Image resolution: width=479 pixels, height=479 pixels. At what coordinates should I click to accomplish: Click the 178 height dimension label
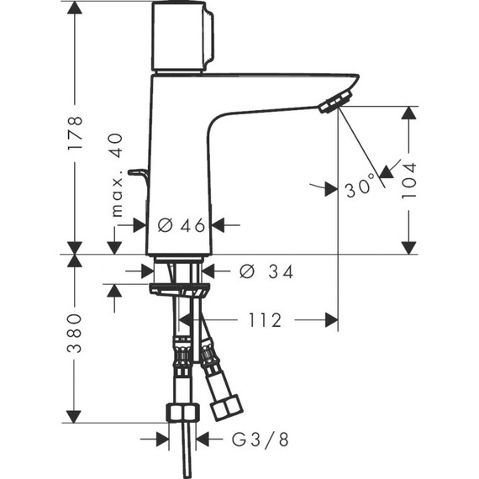75,132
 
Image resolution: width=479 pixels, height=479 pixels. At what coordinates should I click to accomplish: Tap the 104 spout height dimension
409,179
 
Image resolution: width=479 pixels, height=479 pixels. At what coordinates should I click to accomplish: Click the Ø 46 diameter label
182,225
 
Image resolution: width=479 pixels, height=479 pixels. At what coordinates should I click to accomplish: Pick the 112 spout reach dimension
265,320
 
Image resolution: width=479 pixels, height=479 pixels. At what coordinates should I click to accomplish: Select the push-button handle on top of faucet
182,37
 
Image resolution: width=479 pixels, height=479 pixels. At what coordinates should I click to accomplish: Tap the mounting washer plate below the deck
178,289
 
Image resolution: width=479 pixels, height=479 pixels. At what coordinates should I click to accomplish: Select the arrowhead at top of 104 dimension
409,113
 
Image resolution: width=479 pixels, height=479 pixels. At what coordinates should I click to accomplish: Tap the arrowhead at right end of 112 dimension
331,319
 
